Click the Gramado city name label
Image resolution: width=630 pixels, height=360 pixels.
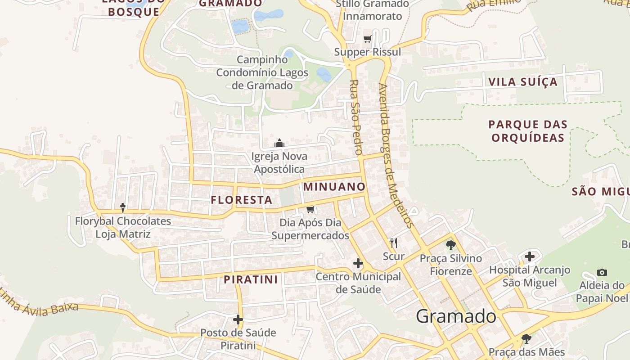[x=456, y=316]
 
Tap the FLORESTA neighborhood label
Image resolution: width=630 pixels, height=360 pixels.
[x=242, y=200]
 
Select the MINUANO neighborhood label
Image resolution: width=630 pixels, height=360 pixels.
[x=334, y=186]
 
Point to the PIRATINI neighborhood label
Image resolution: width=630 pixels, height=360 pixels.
[x=251, y=279]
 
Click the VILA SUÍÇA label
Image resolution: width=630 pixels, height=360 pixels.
[x=523, y=82]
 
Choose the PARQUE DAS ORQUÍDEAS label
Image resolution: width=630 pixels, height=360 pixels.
[x=528, y=131]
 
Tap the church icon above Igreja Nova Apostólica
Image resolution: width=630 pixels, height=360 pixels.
[x=279, y=144]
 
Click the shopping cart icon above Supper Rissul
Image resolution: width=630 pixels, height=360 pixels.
[x=367, y=39]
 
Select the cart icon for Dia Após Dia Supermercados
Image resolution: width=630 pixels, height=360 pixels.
[x=310, y=209]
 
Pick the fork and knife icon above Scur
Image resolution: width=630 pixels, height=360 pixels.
[x=394, y=243]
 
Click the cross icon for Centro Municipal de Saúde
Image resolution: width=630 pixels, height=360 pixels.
[x=358, y=263]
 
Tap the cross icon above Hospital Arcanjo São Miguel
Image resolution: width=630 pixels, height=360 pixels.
[x=530, y=256]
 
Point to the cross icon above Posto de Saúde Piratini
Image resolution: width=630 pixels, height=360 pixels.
[x=238, y=319]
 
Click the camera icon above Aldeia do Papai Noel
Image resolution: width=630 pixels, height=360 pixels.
[x=602, y=272]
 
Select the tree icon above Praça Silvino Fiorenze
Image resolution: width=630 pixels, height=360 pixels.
[x=450, y=245]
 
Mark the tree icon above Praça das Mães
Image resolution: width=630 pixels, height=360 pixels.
[x=526, y=339]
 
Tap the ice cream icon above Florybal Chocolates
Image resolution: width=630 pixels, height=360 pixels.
[x=122, y=207]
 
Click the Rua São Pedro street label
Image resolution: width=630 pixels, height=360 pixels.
[x=355, y=117]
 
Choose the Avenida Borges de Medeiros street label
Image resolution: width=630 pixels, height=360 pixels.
[x=396, y=155]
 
